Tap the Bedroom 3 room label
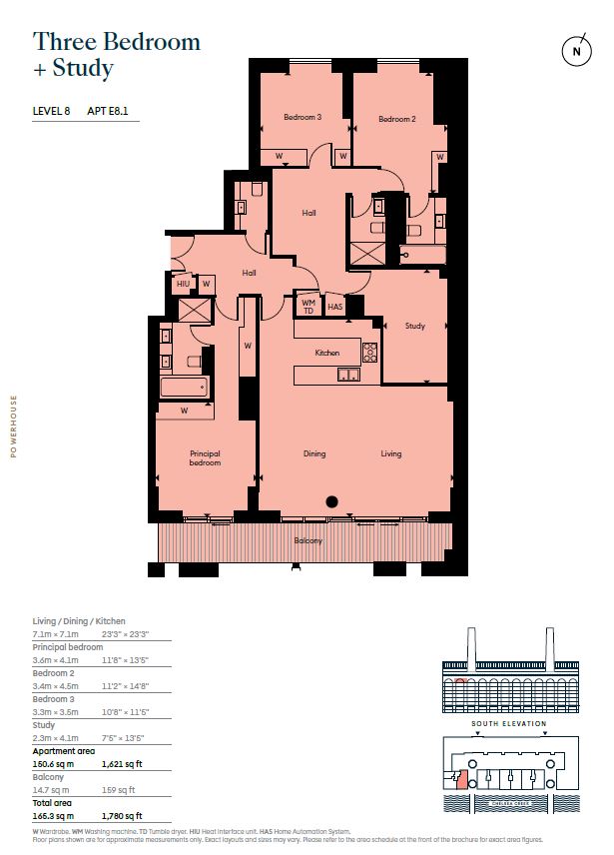(x=303, y=118)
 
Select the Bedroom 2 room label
(x=396, y=120)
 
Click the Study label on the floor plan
(x=414, y=327)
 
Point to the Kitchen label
(x=327, y=353)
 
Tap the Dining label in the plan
(x=314, y=453)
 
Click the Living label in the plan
(x=390, y=453)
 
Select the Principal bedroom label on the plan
(x=205, y=458)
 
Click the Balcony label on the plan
(x=307, y=541)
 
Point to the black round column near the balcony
(x=332, y=502)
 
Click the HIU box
(x=183, y=285)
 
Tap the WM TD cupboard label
(x=307, y=304)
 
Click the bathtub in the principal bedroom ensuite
(x=185, y=387)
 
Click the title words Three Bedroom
(x=116, y=42)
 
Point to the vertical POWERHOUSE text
(x=14, y=427)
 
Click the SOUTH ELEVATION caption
(x=510, y=723)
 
